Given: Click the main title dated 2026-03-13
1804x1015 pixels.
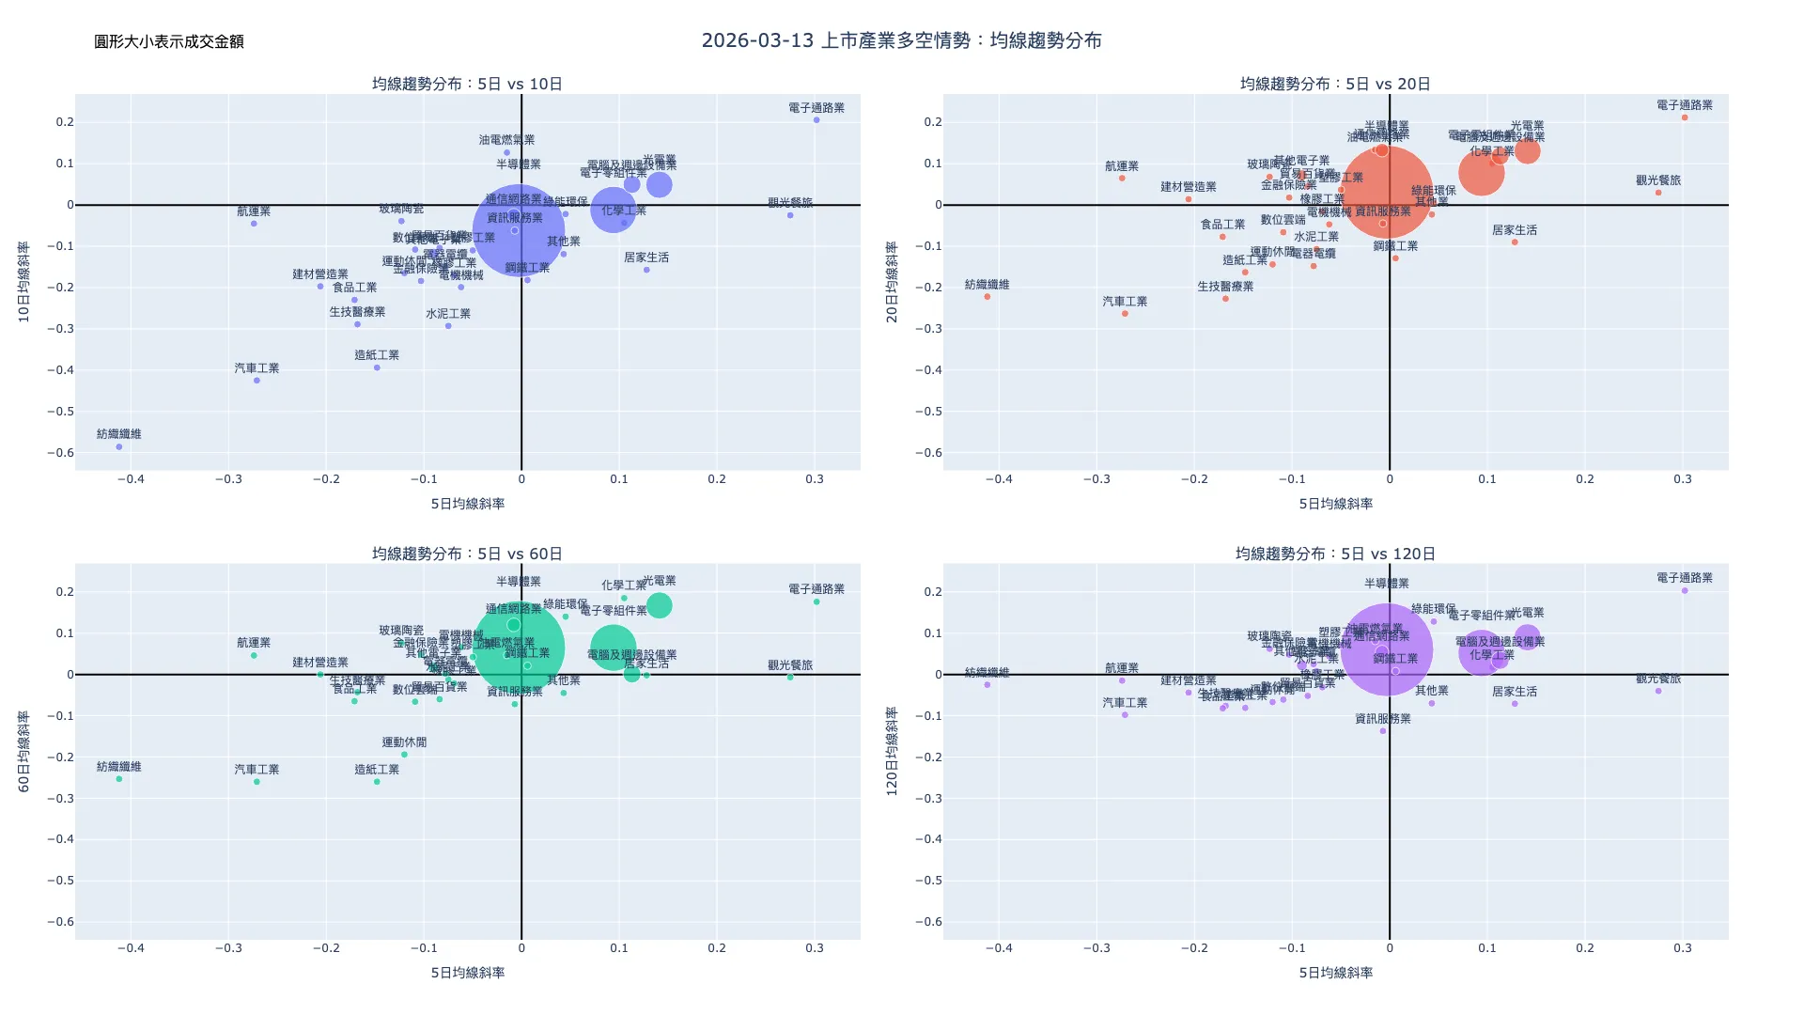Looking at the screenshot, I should coord(901,40).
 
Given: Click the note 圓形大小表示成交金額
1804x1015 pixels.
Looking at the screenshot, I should coord(169,41).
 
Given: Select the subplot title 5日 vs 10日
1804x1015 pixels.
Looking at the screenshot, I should coord(467,84).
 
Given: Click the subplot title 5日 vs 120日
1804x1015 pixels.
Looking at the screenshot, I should coord(1335,554).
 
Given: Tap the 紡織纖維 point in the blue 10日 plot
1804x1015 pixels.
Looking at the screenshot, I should coord(119,446).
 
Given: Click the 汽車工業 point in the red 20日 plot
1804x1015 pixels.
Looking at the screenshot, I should coord(1125,314).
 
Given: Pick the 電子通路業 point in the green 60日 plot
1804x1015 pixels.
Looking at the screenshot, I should coord(816,601).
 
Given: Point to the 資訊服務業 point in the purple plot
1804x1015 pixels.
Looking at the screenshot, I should coord(1383,731).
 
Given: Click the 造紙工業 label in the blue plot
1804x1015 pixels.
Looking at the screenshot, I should coord(377,355).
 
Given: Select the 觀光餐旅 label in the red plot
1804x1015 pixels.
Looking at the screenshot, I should coord(1658,180).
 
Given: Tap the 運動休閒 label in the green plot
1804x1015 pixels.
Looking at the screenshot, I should coord(404,742).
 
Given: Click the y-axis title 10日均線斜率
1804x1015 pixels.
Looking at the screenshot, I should coord(24,282).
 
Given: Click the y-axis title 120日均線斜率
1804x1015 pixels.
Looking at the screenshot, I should coord(893,752).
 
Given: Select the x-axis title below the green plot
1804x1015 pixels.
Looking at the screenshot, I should coord(467,973).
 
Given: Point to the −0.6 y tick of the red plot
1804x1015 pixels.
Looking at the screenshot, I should coord(928,452).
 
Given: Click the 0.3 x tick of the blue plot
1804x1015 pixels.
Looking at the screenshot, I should coord(815,479).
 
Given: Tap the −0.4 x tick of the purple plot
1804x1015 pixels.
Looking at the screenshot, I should coord(999,948).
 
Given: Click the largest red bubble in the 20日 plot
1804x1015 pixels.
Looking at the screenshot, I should coord(1387,192).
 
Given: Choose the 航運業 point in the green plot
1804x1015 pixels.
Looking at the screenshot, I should coord(254,655).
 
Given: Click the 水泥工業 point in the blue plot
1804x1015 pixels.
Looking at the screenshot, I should coord(448,326).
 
